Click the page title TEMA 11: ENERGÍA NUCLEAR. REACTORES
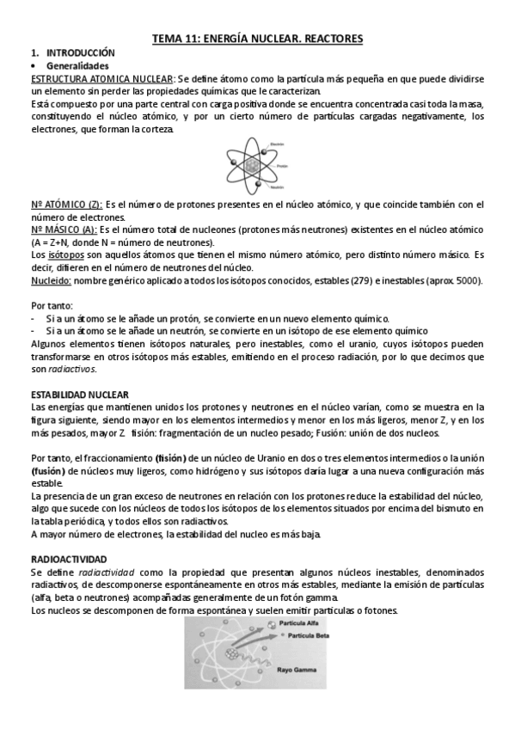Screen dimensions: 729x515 pos(257,39)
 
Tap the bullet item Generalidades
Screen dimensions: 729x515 pos(77,65)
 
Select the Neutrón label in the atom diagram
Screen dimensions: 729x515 pos(277,187)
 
